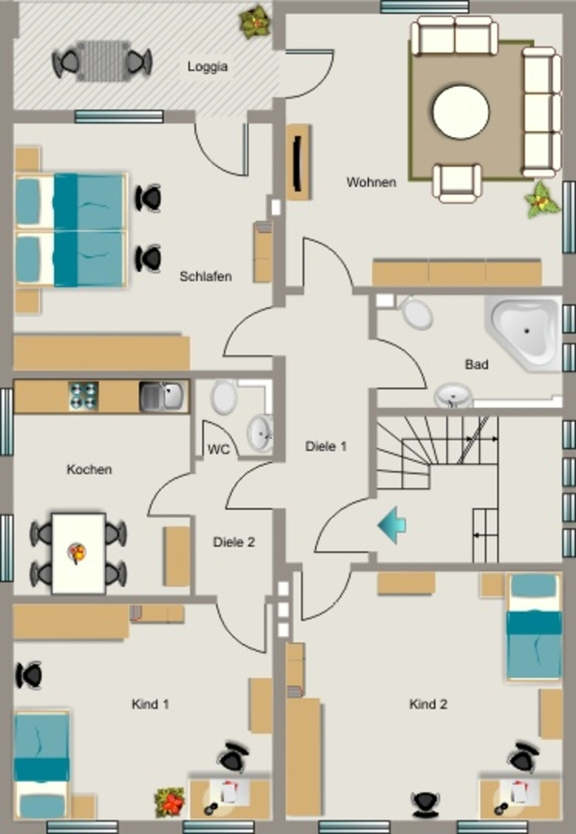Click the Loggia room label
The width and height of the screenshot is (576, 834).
208,67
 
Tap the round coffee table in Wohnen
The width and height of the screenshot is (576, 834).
460,112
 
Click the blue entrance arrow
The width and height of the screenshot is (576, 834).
392,525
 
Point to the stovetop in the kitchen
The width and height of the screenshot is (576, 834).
83,396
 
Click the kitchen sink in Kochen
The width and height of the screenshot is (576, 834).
163,397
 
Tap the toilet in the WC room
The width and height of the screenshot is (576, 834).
224,397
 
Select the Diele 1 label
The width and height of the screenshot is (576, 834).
326,446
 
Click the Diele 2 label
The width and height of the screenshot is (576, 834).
234,542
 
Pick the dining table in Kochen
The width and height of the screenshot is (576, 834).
78,553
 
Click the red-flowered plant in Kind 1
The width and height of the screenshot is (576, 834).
169,803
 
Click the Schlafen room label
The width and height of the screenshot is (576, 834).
205,277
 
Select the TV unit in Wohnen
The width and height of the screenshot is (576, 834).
298,162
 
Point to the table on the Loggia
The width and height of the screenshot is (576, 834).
103,61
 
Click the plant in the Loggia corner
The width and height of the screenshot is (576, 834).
256,20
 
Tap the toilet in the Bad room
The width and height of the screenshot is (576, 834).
416,314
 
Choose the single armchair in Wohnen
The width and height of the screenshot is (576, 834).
457,183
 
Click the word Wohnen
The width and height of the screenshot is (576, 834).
372,182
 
